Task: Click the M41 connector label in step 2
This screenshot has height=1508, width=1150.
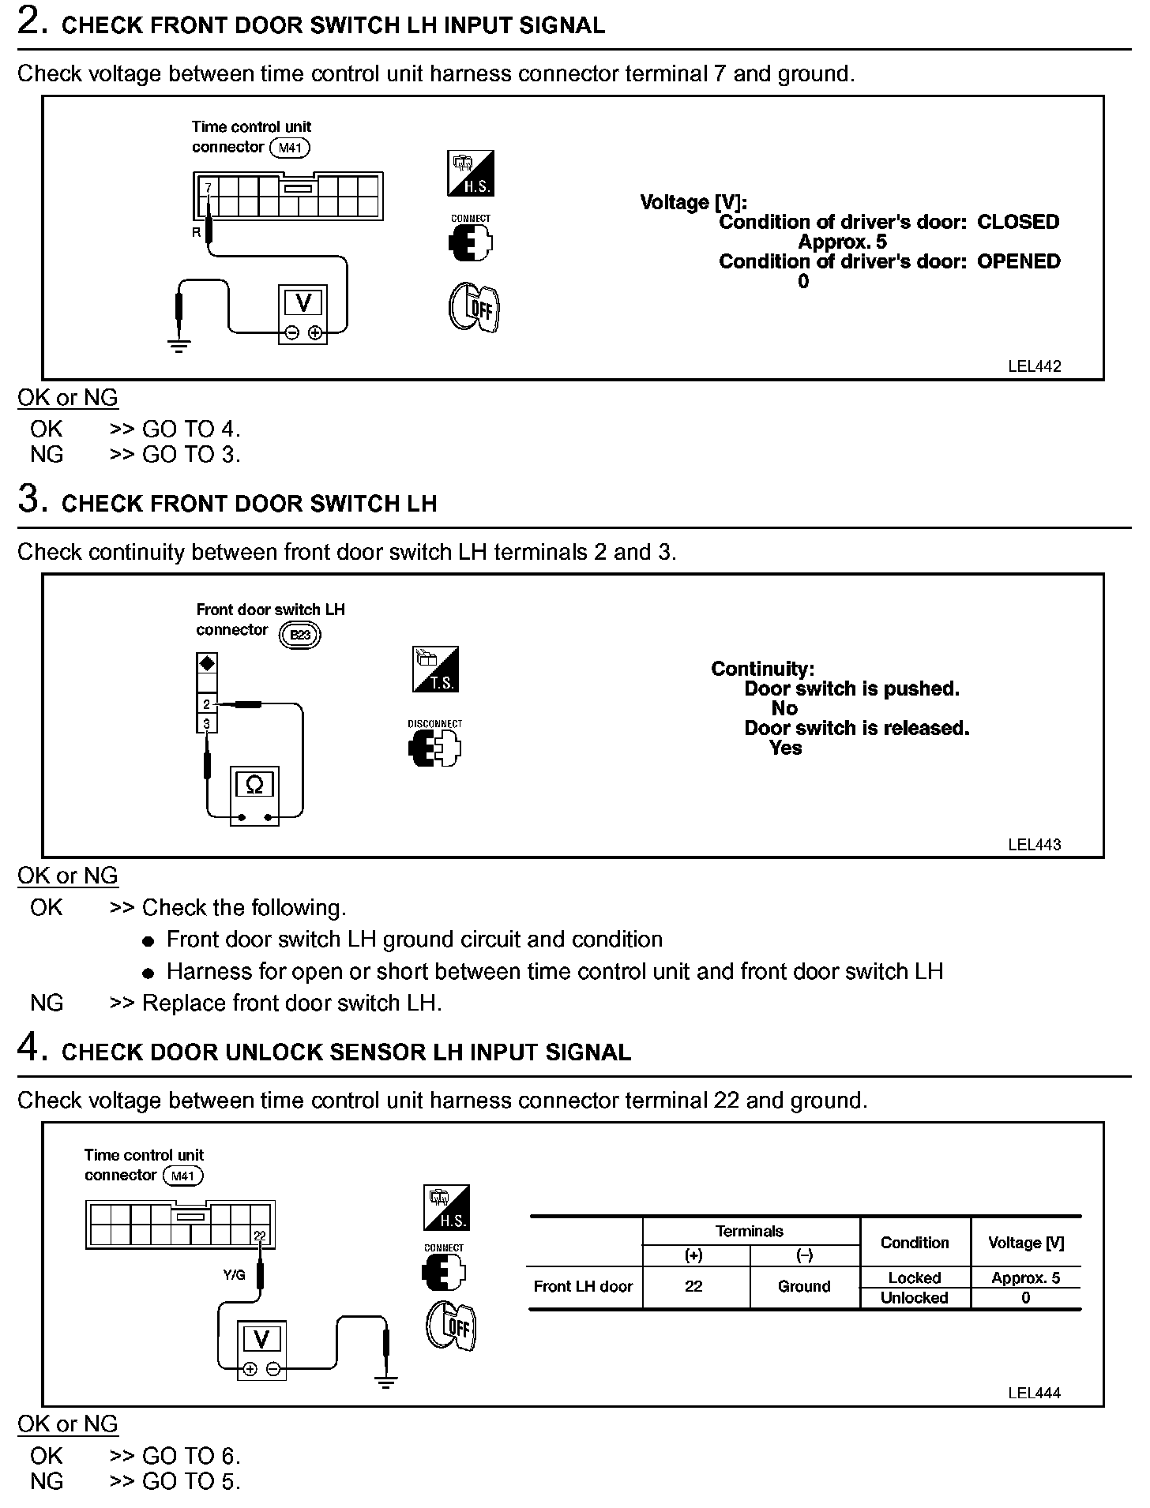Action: tap(290, 148)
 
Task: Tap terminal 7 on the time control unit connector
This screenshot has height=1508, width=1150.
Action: tap(208, 188)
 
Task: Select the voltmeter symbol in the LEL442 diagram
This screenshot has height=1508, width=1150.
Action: tap(303, 302)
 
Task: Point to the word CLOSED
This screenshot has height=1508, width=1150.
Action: tap(1017, 222)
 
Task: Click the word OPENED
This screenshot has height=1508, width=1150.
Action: tap(1018, 261)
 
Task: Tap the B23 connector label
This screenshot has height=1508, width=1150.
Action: tap(301, 635)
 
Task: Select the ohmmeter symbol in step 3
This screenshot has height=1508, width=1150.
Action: tap(254, 785)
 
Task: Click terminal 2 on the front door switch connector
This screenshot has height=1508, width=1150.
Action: tap(207, 703)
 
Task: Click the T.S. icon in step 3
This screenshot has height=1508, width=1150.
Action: tap(435, 670)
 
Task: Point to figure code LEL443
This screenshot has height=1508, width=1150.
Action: tap(1034, 844)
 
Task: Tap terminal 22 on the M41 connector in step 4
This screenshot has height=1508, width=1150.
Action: tap(261, 1236)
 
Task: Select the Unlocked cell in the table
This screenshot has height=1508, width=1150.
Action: tap(914, 1297)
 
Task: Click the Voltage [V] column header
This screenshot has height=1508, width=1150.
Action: tap(1025, 1243)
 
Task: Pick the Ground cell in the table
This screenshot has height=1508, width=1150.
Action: tap(804, 1286)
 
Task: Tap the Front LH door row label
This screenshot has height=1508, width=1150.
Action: tap(583, 1286)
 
